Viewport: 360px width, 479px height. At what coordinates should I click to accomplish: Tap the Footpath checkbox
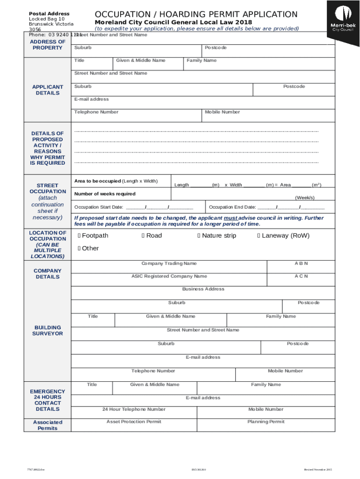click(79, 236)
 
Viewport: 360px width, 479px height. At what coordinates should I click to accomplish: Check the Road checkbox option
click(143, 236)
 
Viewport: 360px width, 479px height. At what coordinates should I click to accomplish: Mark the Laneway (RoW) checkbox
click(259, 236)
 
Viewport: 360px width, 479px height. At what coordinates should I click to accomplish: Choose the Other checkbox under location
click(79, 248)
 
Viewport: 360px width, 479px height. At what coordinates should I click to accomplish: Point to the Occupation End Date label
click(232, 207)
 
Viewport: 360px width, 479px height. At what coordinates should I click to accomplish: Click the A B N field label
click(301, 263)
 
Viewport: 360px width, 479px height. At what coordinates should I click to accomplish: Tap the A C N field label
click(301, 276)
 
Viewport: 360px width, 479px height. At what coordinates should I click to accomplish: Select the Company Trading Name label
click(169, 264)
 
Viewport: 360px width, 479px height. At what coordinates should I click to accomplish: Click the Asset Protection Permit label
click(134, 422)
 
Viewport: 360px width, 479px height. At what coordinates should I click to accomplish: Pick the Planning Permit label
click(266, 422)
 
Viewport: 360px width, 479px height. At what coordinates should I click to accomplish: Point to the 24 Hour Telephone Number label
click(134, 409)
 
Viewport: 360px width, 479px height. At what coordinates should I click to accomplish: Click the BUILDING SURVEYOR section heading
click(47, 331)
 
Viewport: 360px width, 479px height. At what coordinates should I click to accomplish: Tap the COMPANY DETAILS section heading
click(47, 274)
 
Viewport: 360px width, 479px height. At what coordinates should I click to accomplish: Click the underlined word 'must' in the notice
click(230, 218)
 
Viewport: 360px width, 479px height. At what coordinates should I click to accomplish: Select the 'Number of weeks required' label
click(105, 194)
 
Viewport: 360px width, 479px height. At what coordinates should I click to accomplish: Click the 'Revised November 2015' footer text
click(317, 469)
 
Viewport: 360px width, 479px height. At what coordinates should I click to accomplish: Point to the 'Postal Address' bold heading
click(49, 14)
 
